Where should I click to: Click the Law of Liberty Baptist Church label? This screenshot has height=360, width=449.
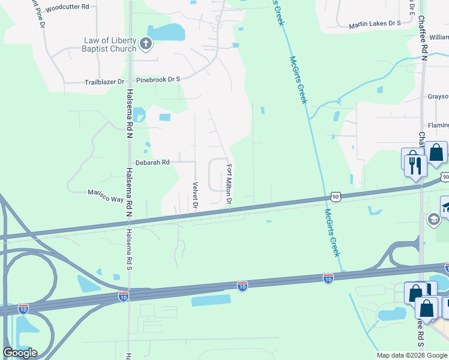tap(110, 44)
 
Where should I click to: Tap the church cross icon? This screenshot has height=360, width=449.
tap(146, 43)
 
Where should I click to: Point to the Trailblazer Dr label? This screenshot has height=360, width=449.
tap(104, 82)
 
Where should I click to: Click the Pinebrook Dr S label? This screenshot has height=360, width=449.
tap(158, 79)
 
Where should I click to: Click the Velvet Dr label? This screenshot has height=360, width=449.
tap(194, 196)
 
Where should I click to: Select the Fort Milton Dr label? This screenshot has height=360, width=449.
tap(229, 183)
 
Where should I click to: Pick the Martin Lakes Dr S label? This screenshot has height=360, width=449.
tap(375, 23)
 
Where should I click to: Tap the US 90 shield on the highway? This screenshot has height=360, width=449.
tap(336, 196)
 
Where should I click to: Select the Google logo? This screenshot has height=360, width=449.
tap(20, 353)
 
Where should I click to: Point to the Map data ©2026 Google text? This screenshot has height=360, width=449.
tap(411, 355)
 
